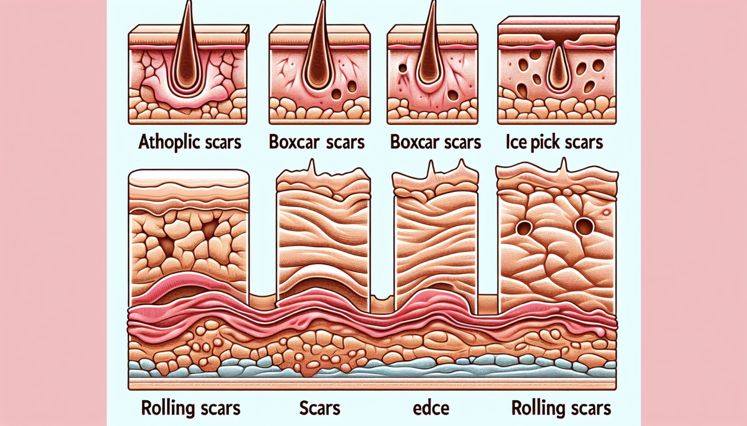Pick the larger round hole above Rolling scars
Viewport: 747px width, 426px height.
(x=583, y=227)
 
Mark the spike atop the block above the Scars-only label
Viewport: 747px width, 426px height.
(x=312, y=167)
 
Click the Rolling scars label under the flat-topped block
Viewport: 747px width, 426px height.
(x=190, y=408)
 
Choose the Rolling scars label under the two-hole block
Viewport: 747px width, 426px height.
(x=561, y=408)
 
